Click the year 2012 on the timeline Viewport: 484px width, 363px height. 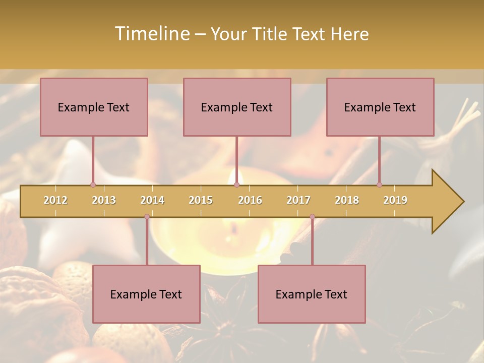[55, 200]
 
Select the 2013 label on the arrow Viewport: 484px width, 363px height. [104, 200]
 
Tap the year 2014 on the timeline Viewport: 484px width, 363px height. [152, 200]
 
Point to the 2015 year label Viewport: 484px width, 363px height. [201, 200]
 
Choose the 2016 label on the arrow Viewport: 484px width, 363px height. [250, 200]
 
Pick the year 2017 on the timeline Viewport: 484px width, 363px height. [298, 200]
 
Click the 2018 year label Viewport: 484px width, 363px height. [347, 200]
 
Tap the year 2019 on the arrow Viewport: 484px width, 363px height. [395, 200]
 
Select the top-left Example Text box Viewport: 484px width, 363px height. [94, 107]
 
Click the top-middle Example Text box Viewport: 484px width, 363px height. [237, 107]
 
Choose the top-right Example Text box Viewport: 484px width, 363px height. [380, 107]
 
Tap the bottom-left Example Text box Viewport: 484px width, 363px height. [146, 294]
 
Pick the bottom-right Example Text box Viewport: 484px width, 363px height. [312, 294]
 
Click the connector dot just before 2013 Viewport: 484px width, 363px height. [93, 185]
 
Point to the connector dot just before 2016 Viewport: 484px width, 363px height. [236, 185]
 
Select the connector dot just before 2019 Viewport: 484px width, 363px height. [379, 185]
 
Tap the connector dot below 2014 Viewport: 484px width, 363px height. [147, 217]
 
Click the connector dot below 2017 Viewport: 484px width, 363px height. [312, 217]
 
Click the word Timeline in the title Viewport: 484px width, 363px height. [151, 34]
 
